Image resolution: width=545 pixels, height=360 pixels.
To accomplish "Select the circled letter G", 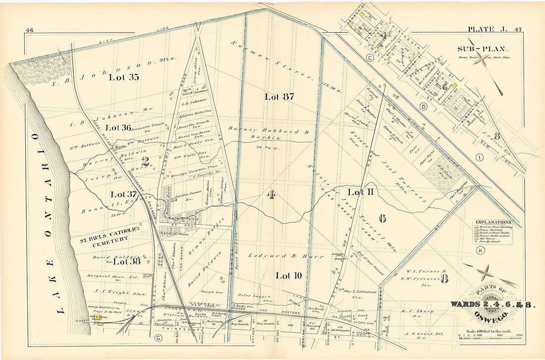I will click(x=158, y=338).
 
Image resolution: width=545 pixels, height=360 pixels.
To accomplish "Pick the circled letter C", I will click(x=370, y=57).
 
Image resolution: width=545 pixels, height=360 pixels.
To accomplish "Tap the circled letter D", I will click(x=423, y=106).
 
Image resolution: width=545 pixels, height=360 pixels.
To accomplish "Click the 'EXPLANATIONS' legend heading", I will click(x=493, y=222).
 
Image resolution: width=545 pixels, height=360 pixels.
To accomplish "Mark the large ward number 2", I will click(x=145, y=161).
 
